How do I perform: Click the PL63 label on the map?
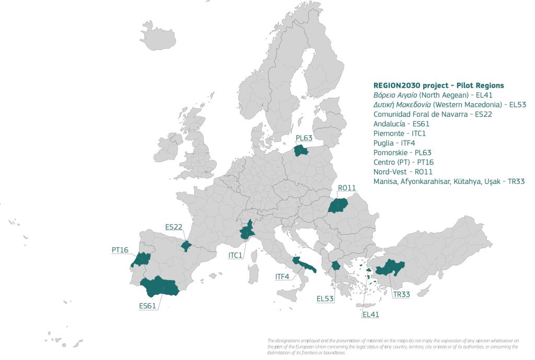point(304,138)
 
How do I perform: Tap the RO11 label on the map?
point(346,188)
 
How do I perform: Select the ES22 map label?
point(174,227)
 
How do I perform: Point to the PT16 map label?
point(120,250)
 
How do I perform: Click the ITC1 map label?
point(236,256)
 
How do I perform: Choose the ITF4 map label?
point(282,276)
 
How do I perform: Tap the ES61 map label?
point(148,306)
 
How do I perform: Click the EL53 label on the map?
point(325,298)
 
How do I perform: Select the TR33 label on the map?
point(401,294)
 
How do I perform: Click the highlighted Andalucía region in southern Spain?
point(159,287)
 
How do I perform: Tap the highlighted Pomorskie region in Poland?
point(301,150)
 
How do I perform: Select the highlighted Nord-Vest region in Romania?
point(338,206)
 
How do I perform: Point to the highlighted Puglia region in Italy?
point(303,265)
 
